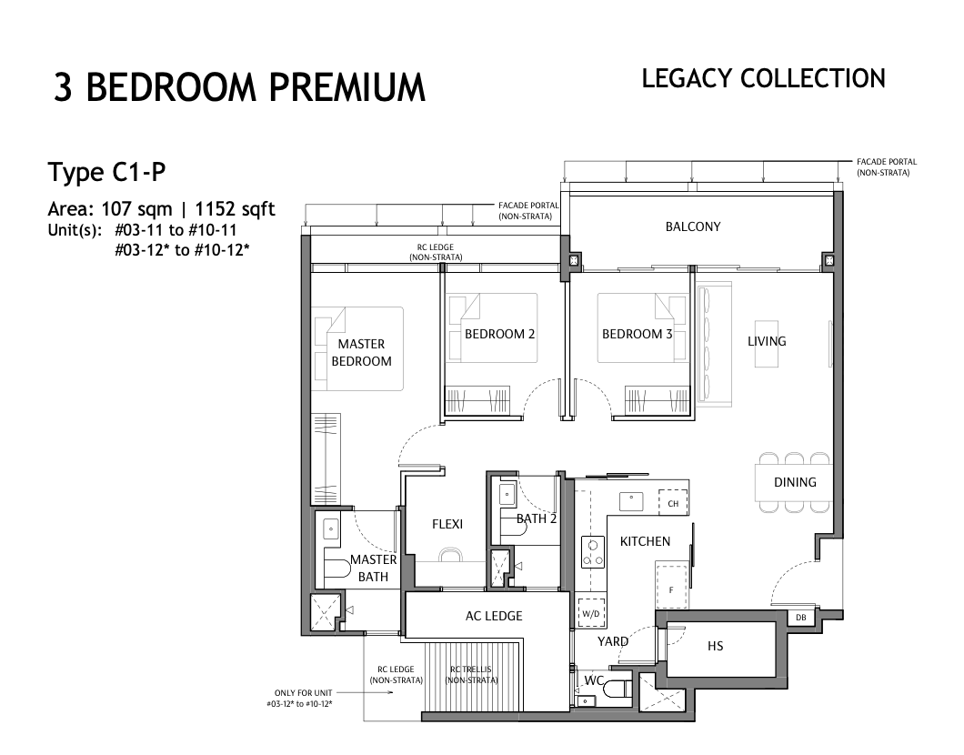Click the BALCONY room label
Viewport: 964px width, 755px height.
click(x=693, y=226)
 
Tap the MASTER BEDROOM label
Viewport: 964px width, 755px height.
click(x=362, y=353)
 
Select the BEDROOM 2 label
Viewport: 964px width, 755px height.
click(x=500, y=335)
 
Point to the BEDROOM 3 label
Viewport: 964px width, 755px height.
click(x=637, y=335)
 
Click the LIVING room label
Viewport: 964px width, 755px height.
click(x=767, y=341)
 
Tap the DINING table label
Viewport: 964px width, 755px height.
click(x=795, y=483)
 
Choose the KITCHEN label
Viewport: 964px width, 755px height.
click(x=645, y=541)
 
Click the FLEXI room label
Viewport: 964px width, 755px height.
click(x=447, y=525)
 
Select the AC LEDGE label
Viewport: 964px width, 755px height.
click(x=494, y=616)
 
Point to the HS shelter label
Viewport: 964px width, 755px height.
click(x=715, y=646)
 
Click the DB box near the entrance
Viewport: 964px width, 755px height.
click(x=800, y=618)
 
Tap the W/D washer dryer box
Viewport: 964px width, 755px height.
click(x=591, y=613)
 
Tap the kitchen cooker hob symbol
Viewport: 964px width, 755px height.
click(x=593, y=552)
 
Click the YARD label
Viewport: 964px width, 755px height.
click(x=613, y=642)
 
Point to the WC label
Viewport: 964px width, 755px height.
click(x=594, y=680)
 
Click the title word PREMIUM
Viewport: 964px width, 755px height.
click(x=346, y=87)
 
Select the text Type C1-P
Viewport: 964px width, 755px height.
click(x=107, y=173)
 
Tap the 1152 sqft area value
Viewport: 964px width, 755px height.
click(x=235, y=209)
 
